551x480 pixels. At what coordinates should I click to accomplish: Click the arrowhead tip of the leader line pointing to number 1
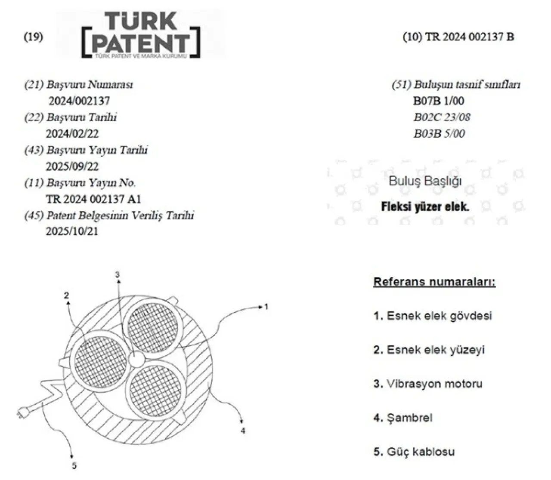point(261,307)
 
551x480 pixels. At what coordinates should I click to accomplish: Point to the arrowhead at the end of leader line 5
point(71,457)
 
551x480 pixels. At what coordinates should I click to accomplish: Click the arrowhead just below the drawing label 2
point(68,303)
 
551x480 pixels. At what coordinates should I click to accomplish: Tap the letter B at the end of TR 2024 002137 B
point(510,37)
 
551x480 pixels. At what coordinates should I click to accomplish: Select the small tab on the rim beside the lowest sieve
point(181,417)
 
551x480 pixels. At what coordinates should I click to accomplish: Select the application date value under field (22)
point(72,134)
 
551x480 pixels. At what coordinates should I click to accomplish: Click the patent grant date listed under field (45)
point(72,231)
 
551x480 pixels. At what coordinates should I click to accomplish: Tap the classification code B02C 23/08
point(442,117)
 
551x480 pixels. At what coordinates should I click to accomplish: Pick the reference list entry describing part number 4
point(402,418)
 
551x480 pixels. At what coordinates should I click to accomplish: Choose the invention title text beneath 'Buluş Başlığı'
point(425,206)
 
